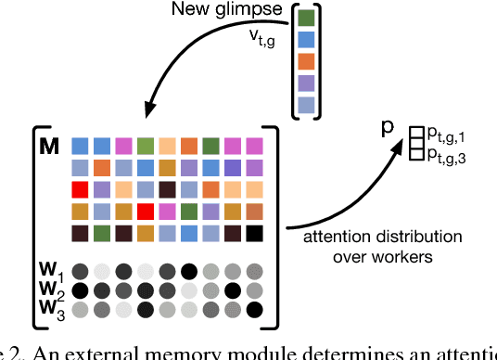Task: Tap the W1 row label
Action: [x=53, y=273]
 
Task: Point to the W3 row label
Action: [x=53, y=309]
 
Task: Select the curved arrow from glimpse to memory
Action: [x=185, y=65]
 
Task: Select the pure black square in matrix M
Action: [x=253, y=232]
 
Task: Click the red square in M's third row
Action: [x=80, y=189]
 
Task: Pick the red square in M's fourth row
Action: [x=145, y=211]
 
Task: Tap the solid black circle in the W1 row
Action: [x=188, y=272]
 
